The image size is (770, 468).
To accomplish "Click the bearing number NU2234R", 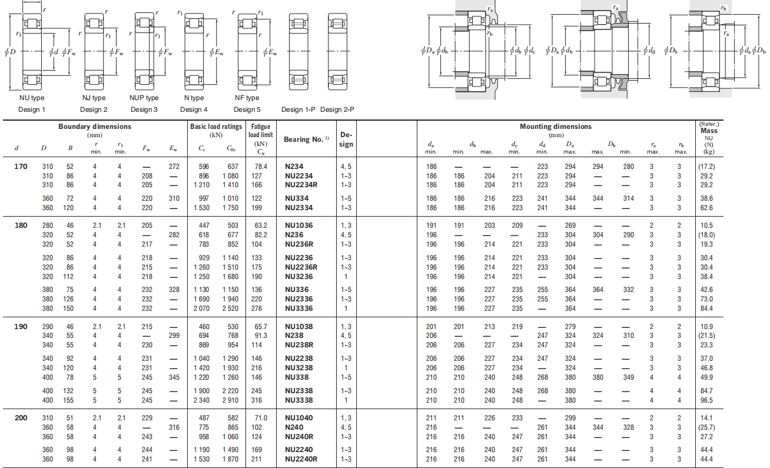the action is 301,185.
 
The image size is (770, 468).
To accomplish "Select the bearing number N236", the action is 294,235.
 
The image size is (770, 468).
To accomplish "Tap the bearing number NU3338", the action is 298,400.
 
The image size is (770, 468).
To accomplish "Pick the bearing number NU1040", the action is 298,418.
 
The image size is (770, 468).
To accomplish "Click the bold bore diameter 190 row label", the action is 21,326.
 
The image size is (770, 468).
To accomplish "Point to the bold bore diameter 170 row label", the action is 21,167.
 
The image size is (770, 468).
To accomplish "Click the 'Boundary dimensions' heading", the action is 95,127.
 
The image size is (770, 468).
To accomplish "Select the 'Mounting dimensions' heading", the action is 556,127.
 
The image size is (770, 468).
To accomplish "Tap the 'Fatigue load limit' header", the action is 261,131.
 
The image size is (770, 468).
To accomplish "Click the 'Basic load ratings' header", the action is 216,127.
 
